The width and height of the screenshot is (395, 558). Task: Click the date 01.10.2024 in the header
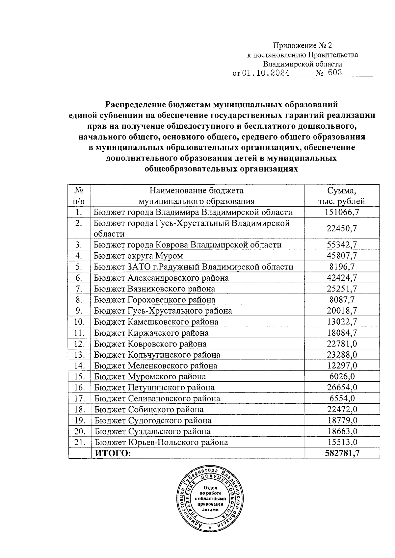[266, 73]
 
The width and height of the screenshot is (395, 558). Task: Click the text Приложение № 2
[303, 46]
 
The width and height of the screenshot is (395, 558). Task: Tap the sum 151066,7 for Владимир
[342, 212]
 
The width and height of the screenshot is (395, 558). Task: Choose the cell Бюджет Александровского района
[161, 278]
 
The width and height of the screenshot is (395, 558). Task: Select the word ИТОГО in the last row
[113, 453]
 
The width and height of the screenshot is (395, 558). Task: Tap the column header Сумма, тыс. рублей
[342, 196]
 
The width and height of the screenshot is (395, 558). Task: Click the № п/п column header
[78, 196]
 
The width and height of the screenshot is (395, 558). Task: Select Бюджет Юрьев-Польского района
[161, 442]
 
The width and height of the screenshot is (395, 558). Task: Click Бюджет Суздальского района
[152, 431]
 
